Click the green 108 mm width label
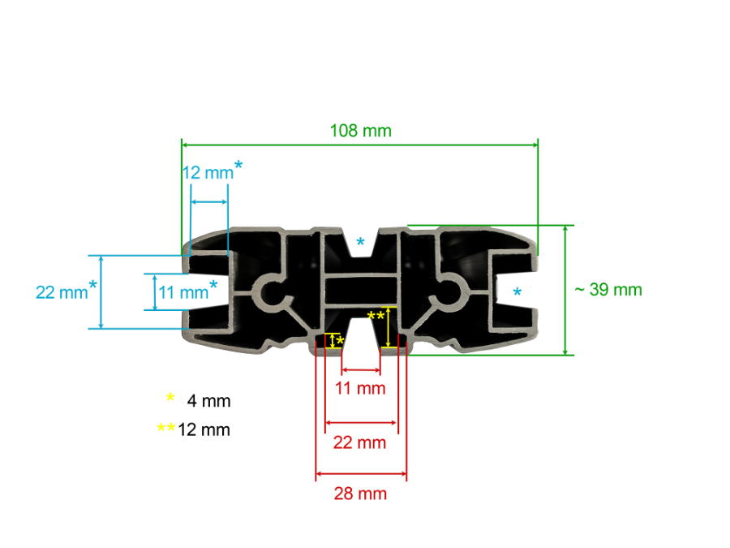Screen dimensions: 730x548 [x=360, y=131]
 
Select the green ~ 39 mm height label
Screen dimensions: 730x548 [x=608, y=289]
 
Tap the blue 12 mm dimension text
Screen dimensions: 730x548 [x=208, y=173]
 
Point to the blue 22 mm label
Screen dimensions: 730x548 [x=62, y=292]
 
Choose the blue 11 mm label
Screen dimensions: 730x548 [x=183, y=292]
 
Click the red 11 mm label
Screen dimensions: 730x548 [x=360, y=388]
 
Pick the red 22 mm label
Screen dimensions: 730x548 [x=359, y=442]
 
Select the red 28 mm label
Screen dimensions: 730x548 [x=360, y=494]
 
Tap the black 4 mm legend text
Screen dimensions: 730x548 [x=208, y=401]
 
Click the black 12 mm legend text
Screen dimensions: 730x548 [x=204, y=429]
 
